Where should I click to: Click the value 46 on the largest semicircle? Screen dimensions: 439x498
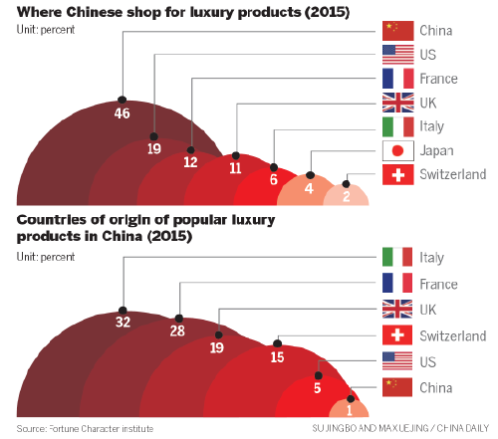(x=122, y=115)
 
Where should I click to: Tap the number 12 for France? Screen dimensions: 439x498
(x=190, y=161)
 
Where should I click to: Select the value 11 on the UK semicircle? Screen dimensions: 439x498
(x=236, y=169)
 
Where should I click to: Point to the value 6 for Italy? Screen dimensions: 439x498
(x=274, y=181)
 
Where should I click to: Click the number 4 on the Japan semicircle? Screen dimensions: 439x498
(x=309, y=189)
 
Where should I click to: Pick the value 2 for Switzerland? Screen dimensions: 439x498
(x=346, y=195)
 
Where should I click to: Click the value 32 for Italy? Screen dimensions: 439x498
(x=123, y=323)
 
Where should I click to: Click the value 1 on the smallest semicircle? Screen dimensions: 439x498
(x=350, y=408)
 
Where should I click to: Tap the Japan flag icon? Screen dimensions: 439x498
(x=398, y=151)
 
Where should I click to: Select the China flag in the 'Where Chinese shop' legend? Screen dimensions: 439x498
(x=398, y=30)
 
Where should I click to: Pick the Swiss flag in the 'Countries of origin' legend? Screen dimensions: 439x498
(x=398, y=333)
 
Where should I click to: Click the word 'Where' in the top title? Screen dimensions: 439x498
(x=38, y=12)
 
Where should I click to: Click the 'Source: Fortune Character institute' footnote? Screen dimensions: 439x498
(x=85, y=428)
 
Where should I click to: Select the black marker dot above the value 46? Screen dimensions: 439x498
(x=122, y=99)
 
